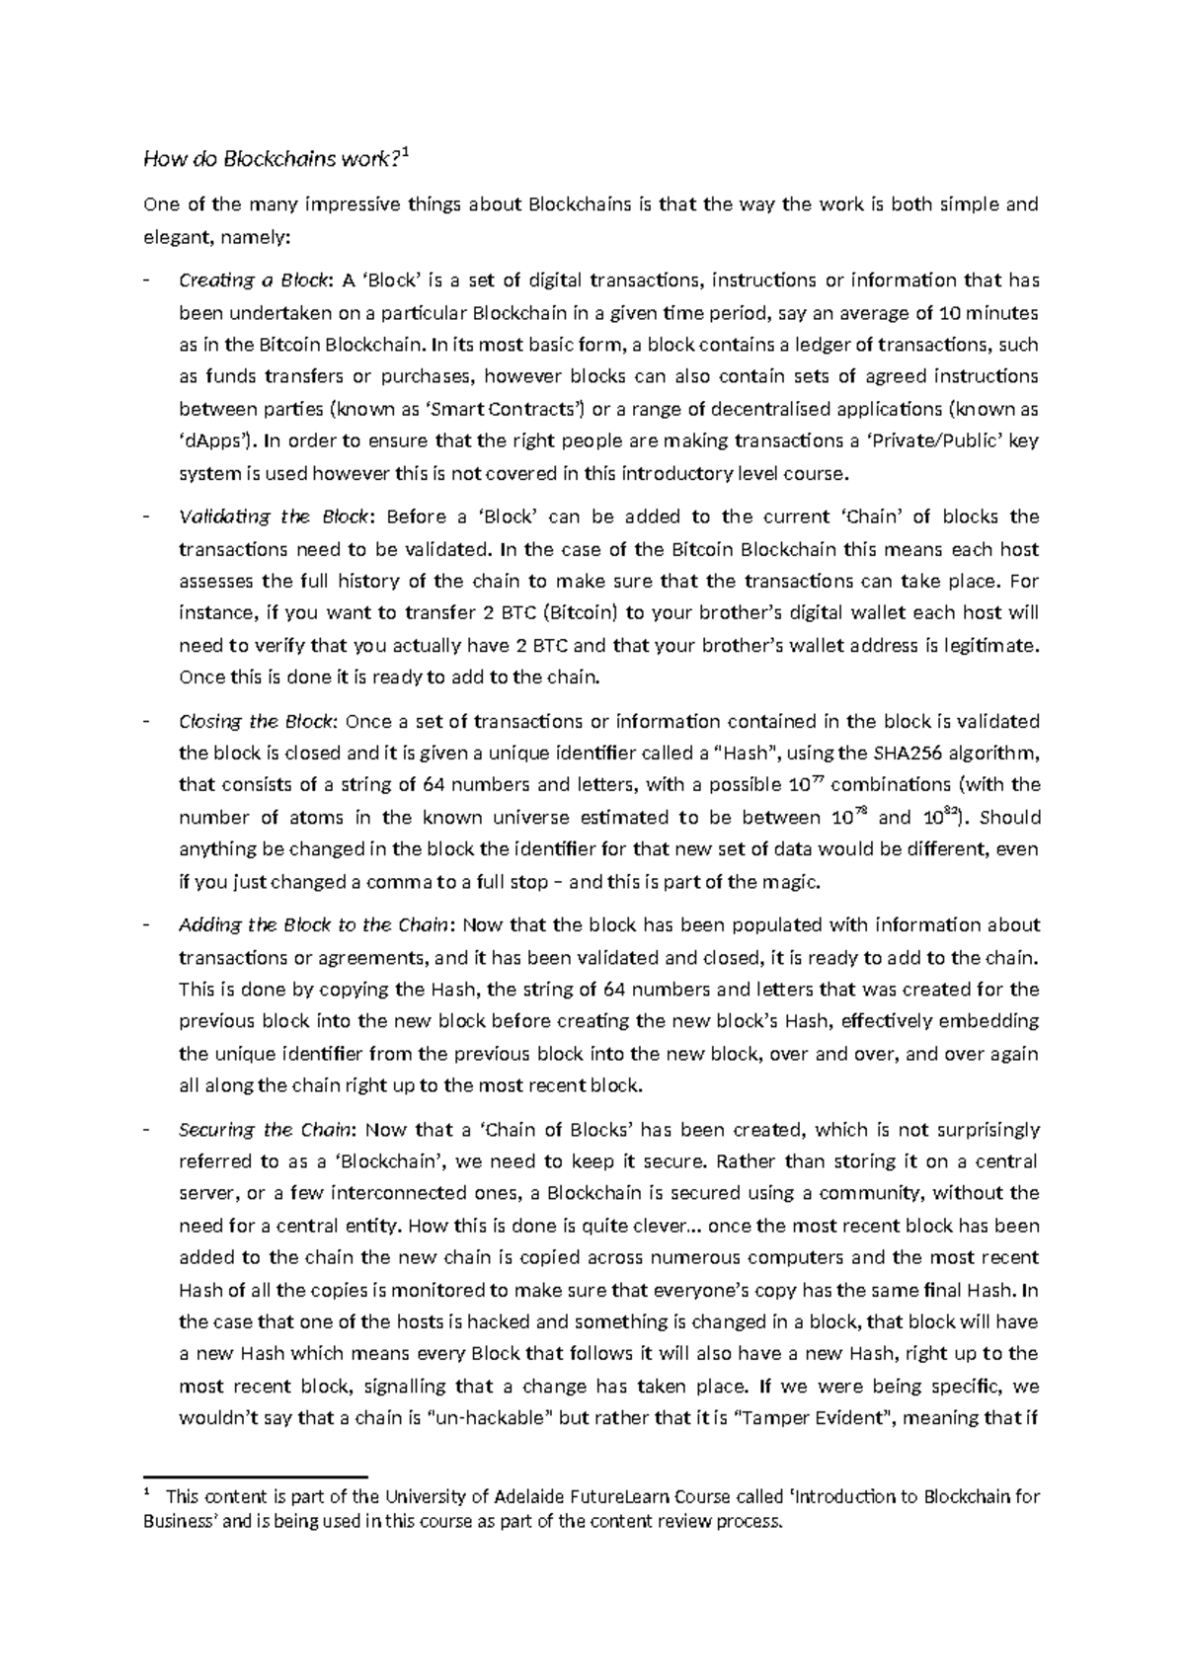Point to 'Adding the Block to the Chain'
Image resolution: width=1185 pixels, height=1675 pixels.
click(312, 925)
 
